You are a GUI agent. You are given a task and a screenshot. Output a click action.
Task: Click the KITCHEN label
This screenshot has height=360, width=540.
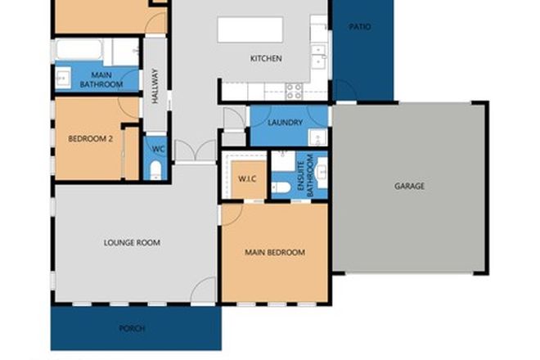(266, 58)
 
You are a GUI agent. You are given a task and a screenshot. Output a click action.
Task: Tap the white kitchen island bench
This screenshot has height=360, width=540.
(244, 29)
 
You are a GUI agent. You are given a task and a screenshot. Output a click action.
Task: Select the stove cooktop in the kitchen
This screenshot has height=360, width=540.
(292, 88)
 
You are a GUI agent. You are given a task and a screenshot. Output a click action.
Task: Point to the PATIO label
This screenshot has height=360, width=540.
(360, 27)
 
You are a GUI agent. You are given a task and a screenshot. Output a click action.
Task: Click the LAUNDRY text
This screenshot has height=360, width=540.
(286, 123)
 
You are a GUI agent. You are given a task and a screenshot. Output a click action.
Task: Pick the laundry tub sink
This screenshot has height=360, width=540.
(318, 115)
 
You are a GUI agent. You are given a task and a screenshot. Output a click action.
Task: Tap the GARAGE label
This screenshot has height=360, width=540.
(409, 186)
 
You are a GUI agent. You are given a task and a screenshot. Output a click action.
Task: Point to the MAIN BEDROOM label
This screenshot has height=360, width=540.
(275, 253)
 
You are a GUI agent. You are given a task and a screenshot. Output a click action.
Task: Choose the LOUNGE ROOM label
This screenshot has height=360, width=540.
(132, 242)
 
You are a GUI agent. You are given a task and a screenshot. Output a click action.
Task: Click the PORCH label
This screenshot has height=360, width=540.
(132, 328)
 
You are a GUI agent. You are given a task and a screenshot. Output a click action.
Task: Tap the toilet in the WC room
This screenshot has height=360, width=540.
(155, 170)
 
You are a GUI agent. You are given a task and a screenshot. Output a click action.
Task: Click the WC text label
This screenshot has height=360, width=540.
(158, 150)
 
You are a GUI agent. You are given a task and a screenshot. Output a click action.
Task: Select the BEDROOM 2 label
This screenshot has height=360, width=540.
(89, 138)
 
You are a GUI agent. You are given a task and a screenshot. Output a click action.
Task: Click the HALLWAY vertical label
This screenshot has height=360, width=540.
(155, 84)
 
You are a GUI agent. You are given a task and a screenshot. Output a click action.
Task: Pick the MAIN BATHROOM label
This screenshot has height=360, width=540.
(101, 79)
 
